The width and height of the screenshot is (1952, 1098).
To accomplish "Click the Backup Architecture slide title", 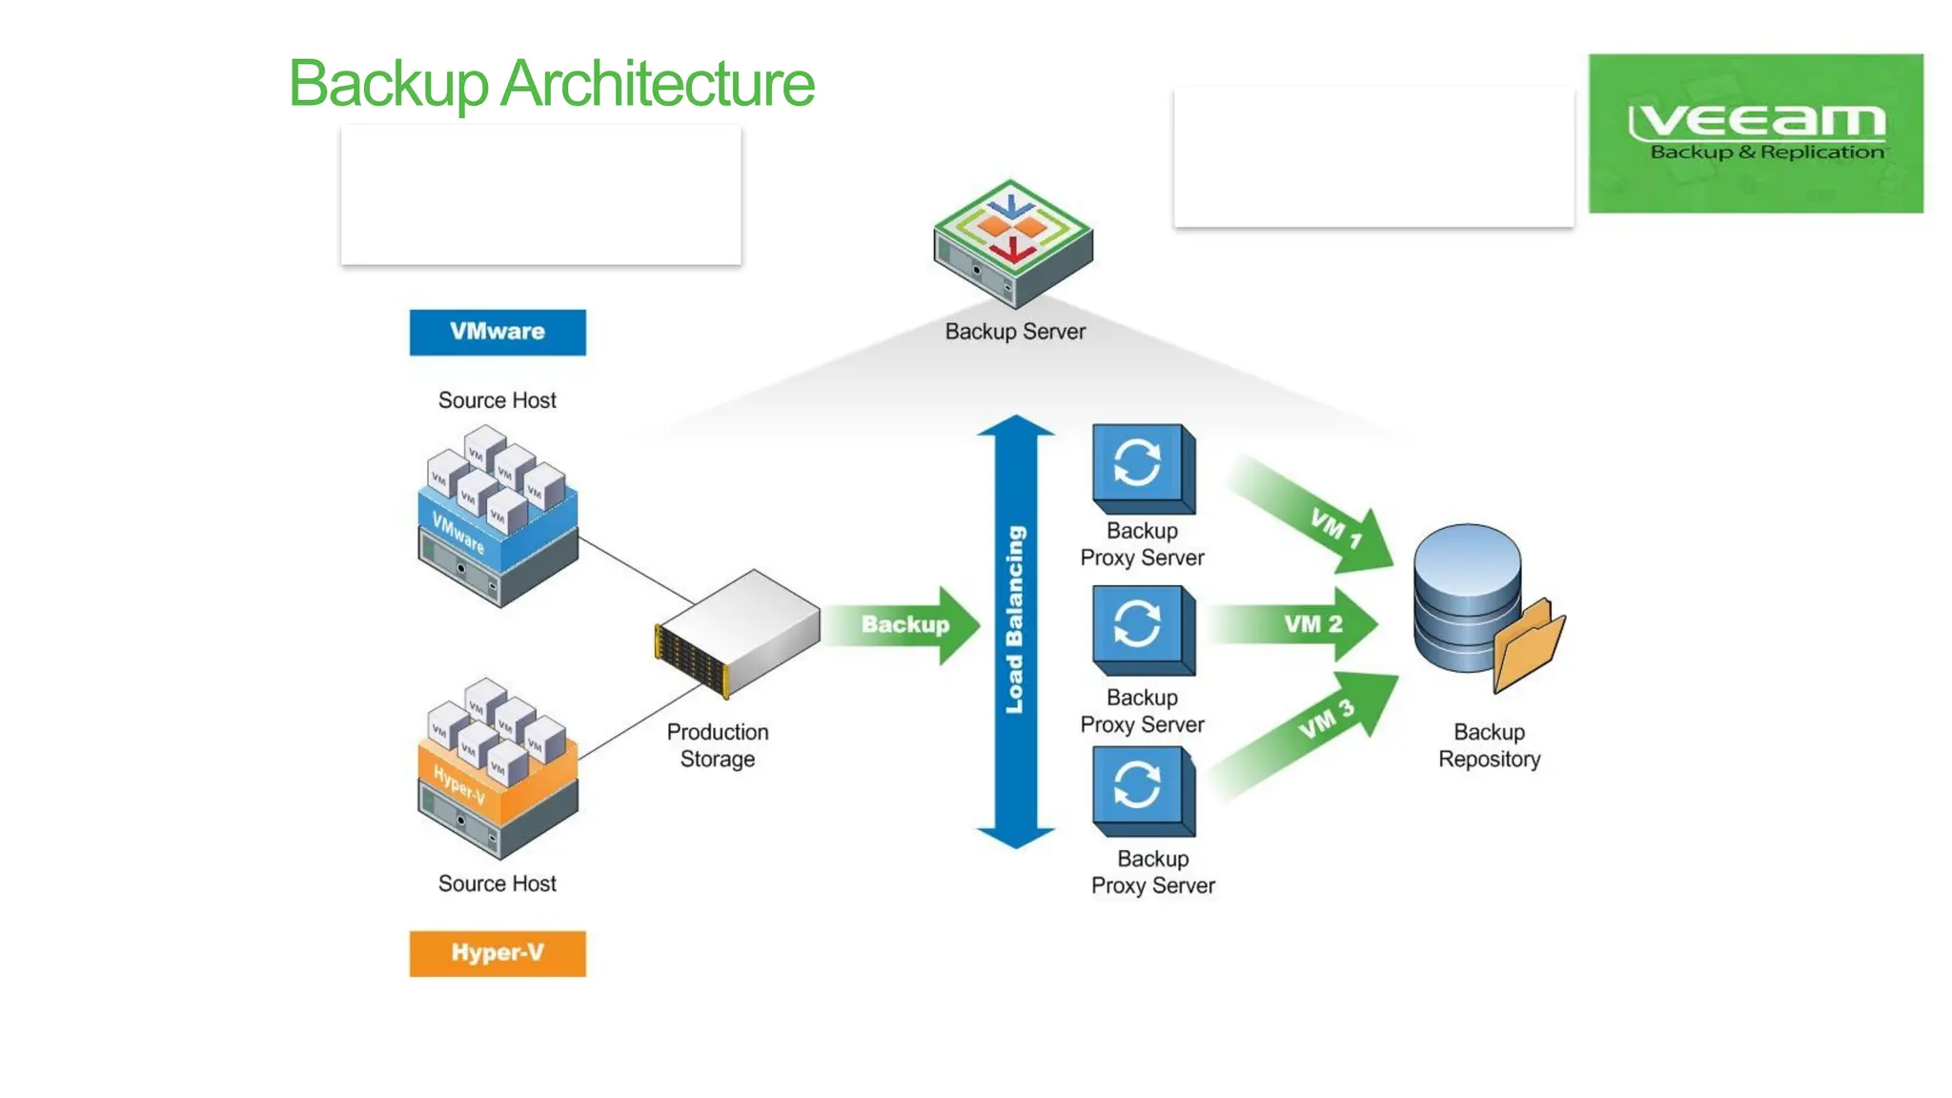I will pyautogui.click(x=551, y=84).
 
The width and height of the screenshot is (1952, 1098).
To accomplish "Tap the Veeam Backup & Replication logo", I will pyautogui.click(x=1755, y=133).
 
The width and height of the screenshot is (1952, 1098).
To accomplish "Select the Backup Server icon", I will pyautogui.click(x=1012, y=242).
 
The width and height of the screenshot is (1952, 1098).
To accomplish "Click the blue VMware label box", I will pyautogui.click(x=498, y=332).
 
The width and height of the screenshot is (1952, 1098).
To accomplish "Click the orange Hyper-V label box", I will pyautogui.click(x=498, y=953).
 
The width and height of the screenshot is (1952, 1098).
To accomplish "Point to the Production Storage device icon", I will pyautogui.click(x=738, y=633).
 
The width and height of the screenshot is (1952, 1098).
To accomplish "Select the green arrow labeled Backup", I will pyautogui.click(x=904, y=625).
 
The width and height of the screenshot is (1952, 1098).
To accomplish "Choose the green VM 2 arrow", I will pyautogui.click(x=1301, y=624).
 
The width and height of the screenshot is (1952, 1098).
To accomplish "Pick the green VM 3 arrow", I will pyautogui.click(x=1315, y=729).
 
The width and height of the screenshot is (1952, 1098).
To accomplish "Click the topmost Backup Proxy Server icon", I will pyautogui.click(x=1142, y=468).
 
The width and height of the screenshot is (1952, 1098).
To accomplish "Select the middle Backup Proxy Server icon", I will pyautogui.click(x=1142, y=630).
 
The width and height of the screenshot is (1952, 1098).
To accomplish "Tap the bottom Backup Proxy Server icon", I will pyautogui.click(x=1142, y=791).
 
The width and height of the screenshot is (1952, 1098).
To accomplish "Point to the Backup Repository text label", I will pyautogui.click(x=1489, y=745).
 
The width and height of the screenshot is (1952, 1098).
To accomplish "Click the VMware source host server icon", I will pyautogui.click(x=498, y=519).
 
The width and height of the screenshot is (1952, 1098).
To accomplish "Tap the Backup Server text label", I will pyautogui.click(x=1015, y=332).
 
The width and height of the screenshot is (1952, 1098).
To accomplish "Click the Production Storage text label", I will pyautogui.click(x=718, y=745).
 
